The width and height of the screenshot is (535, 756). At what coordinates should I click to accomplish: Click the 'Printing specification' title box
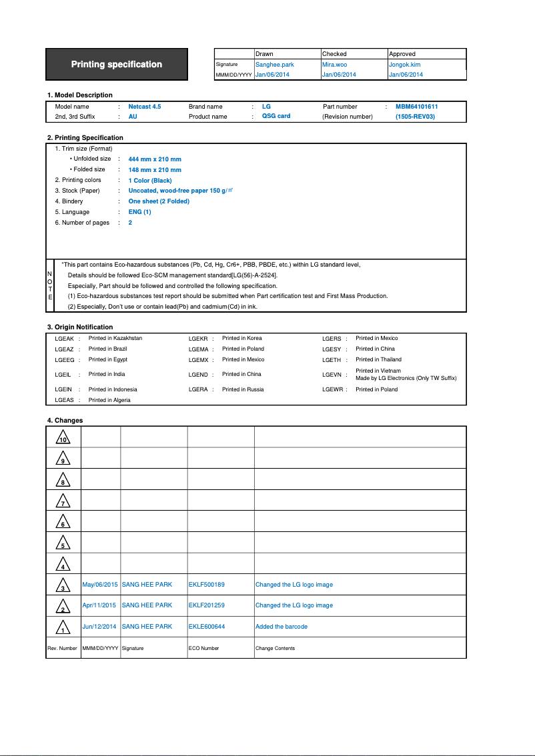117,65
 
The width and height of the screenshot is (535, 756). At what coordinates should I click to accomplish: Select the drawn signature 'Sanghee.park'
275,65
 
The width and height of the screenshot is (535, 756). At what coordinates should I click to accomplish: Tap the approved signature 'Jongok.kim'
404,65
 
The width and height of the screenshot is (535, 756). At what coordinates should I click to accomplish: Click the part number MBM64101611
416,107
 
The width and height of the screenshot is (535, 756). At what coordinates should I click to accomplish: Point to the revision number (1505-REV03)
415,117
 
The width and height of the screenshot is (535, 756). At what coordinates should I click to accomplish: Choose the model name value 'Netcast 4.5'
145,107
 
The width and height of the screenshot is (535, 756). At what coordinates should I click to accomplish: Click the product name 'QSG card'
276,116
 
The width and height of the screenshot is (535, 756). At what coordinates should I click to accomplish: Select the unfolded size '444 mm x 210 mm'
155,159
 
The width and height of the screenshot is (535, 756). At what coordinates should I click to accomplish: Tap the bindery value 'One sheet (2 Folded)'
159,201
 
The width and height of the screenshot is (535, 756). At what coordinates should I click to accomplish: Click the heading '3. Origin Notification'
80,327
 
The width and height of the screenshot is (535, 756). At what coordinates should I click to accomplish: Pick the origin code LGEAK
64,339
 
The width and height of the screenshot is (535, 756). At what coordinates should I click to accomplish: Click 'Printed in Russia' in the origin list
243,389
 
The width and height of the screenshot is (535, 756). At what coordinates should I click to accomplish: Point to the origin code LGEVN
332,375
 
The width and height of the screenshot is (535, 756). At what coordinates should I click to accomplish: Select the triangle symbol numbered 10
63,438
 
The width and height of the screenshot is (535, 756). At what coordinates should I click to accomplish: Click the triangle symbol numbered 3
63,585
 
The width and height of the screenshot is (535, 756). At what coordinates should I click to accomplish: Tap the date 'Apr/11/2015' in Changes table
99,605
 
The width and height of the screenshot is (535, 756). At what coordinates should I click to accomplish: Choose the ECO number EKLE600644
206,627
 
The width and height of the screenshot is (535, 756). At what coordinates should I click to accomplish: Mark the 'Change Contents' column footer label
275,648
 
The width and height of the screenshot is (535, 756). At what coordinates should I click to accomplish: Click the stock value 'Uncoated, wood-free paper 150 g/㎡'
180,191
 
